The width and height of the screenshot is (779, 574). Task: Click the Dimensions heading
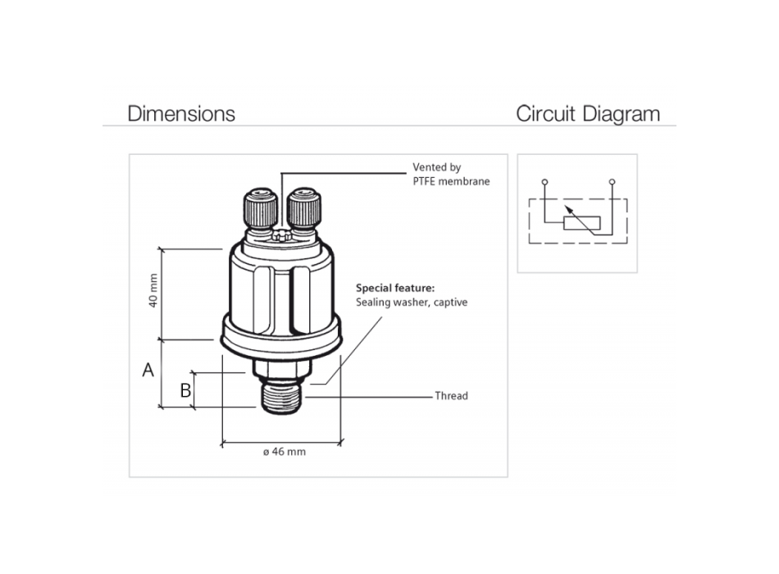181,113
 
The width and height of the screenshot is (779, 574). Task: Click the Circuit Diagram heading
587,113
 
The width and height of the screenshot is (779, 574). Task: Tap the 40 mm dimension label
153,291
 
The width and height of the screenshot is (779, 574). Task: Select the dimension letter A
148,370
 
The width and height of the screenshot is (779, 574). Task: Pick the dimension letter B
185,390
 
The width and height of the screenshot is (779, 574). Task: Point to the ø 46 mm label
284,452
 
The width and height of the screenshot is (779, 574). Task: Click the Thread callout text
451,396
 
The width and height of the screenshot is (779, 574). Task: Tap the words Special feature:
395,289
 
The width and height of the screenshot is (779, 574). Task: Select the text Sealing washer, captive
412,303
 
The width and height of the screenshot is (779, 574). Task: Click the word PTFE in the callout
426,181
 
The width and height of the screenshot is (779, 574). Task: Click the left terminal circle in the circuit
544,180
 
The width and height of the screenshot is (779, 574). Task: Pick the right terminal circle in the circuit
612,180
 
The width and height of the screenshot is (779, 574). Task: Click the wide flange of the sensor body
281,336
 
